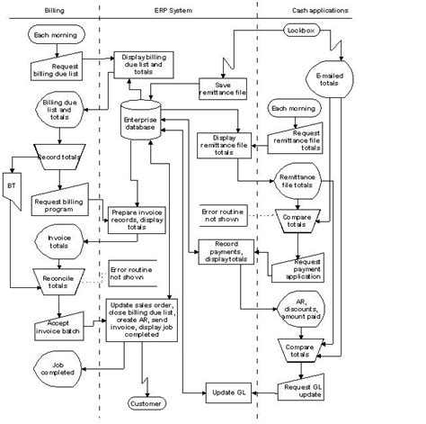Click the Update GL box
pyautogui.click(x=225, y=390)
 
